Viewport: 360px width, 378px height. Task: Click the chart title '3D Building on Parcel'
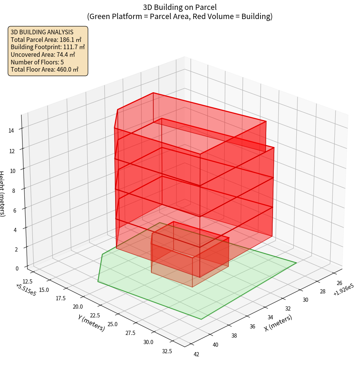(180, 7)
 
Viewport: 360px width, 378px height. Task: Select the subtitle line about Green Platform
(180, 16)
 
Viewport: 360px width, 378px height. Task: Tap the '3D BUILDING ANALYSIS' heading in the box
(42, 32)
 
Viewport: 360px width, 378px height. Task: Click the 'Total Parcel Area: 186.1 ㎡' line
(46, 40)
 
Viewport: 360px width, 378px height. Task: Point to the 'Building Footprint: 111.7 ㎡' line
(48, 47)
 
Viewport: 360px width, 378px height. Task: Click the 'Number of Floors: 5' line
(37, 62)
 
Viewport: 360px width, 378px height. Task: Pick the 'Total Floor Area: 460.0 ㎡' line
(45, 69)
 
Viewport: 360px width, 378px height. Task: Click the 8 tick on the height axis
(13, 190)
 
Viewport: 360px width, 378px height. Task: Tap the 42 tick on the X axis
(196, 354)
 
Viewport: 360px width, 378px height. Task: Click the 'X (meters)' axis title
(278, 323)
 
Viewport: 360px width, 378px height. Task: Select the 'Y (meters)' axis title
(92, 323)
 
